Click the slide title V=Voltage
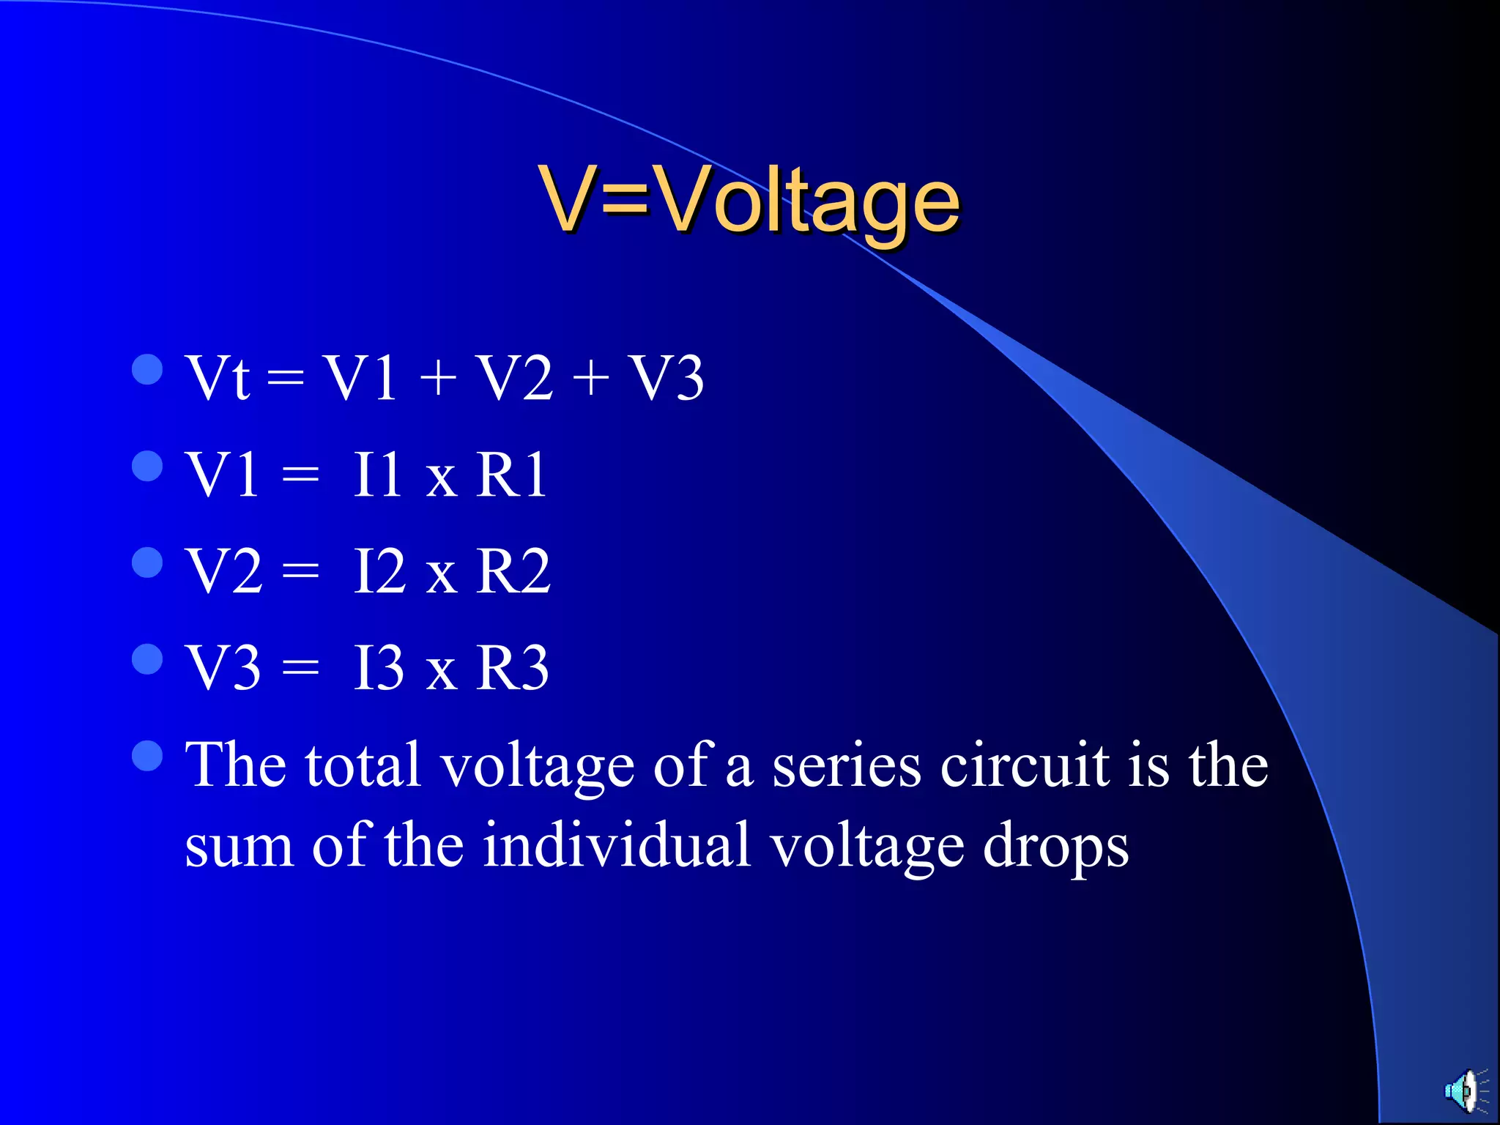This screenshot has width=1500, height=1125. [x=749, y=199]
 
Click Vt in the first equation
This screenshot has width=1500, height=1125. [x=218, y=378]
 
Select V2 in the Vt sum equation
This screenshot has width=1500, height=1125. [x=514, y=378]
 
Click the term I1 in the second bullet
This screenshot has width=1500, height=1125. [x=377, y=475]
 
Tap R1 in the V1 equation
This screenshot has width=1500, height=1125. [x=511, y=475]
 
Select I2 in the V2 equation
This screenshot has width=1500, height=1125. [x=379, y=571]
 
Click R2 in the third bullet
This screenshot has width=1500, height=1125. [x=513, y=571]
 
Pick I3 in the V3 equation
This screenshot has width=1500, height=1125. [x=379, y=668]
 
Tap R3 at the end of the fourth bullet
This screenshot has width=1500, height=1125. [x=512, y=668]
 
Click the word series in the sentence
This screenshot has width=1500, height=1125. [x=847, y=766]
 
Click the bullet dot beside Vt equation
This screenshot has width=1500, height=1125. [x=147, y=370]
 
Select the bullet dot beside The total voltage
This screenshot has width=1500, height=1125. [x=147, y=757]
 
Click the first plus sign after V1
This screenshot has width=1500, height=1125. [x=438, y=379]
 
